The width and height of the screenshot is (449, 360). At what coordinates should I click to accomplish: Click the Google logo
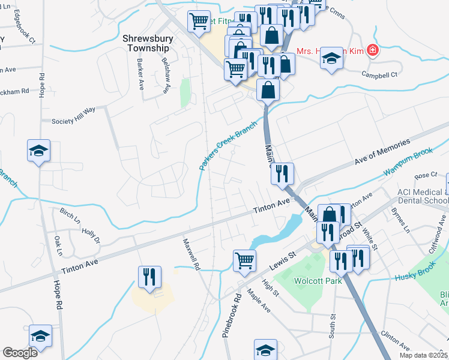(x=20, y=353)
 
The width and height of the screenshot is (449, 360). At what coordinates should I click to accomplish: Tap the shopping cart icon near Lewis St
(x=244, y=260)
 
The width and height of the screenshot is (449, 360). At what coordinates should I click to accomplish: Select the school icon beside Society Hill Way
(x=38, y=151)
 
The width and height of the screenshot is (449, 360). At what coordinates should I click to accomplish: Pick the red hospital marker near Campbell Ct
(x=373, y=50)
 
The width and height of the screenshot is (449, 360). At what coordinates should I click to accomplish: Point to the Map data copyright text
(x=423, y=355)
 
